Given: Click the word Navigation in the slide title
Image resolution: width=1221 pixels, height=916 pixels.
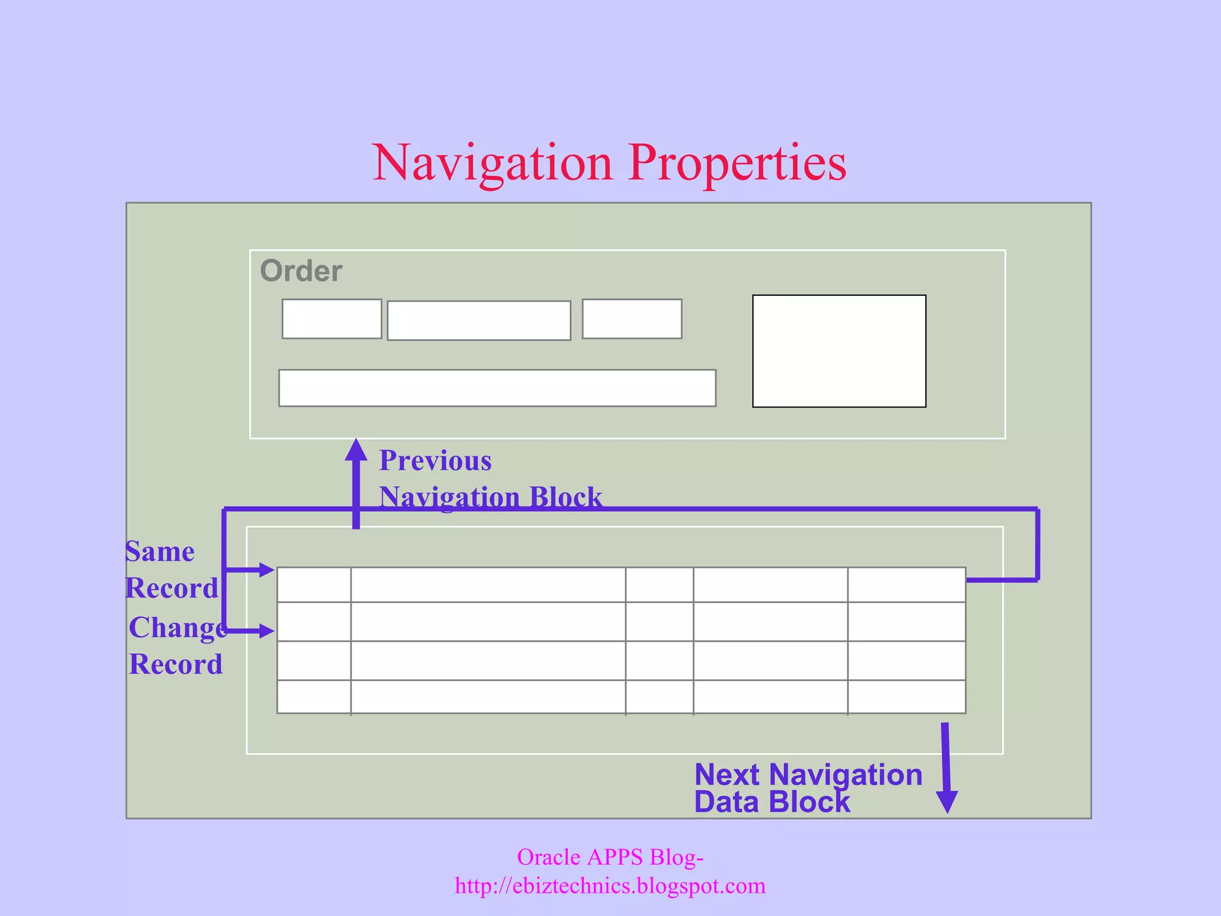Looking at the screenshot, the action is (492, 163).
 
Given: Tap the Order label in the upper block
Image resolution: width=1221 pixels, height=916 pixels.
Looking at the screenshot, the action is (301, 271).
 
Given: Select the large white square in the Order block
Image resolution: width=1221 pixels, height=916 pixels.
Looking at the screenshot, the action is (839, 351).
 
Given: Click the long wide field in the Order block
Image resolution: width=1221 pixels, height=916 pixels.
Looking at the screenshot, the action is (497, 388).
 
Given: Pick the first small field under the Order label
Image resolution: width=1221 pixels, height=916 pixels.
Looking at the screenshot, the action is (331, 319).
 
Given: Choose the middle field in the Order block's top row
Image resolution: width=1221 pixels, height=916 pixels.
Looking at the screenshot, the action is (479, 321).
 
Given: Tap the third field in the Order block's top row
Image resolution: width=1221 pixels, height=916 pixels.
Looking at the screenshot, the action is (632, 319).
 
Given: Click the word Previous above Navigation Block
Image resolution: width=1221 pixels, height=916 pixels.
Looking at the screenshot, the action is (435, 460).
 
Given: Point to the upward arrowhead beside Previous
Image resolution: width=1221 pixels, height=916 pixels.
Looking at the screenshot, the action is (356, 450).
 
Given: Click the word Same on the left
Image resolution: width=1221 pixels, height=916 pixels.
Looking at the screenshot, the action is (160, 552).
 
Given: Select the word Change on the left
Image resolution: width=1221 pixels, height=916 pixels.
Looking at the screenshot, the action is (178, 627).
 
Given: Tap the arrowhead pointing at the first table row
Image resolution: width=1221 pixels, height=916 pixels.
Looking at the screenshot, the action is (266, 570).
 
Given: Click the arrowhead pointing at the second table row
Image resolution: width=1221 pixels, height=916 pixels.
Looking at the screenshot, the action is (266, 630).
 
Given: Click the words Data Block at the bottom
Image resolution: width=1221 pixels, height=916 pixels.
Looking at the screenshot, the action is (772, 802).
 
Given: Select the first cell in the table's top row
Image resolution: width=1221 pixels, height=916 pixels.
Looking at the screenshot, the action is (314, 585).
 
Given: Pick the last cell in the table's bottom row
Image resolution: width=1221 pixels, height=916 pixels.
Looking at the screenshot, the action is (906, 697).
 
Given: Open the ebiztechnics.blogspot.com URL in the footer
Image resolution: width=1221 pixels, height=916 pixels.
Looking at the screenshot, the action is (610, 886).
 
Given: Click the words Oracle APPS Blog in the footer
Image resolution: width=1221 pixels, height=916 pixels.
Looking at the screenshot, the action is (610, 857).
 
